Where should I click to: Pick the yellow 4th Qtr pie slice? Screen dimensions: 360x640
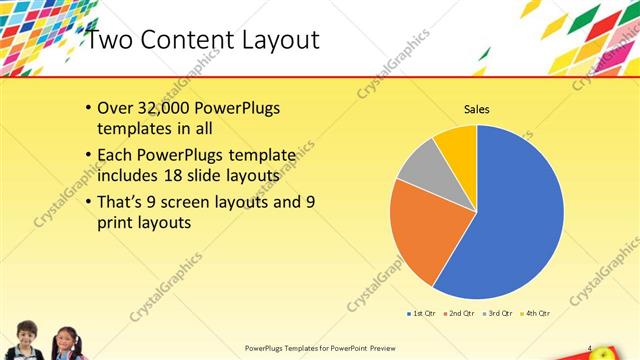click(457, 143)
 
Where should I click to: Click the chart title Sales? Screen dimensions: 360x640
click(476, 108)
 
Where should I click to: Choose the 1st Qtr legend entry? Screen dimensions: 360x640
click(421, 313)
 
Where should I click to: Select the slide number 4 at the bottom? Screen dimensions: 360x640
click(590, 347)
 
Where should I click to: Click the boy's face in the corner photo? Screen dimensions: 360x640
click(27, 334)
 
